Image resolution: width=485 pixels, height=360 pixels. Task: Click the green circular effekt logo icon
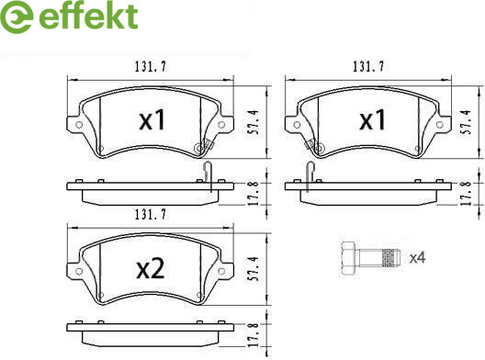tap(17, 17)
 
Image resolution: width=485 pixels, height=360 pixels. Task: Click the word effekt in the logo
tap(88, 16)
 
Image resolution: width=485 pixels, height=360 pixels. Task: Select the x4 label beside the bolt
tap(418, 258)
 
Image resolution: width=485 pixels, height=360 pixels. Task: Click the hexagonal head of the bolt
tap(349, 258)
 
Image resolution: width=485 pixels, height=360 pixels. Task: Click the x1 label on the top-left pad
tap(152, 120)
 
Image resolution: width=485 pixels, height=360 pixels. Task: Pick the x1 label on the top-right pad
tap(372, 120)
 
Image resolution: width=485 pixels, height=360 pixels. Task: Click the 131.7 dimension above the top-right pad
tap(368, 66)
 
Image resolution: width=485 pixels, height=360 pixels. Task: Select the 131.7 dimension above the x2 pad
tap(151, 214)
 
